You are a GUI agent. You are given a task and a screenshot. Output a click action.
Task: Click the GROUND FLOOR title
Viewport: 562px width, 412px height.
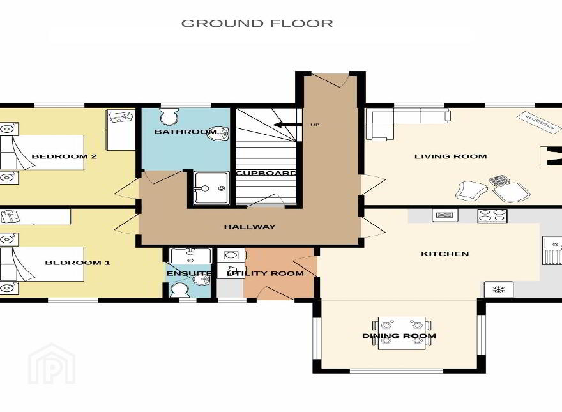(257, 23)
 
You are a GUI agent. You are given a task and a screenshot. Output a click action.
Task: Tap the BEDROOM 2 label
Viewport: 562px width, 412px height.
(64, 156)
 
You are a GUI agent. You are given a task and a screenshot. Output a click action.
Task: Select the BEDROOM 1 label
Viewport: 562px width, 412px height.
(77, 263)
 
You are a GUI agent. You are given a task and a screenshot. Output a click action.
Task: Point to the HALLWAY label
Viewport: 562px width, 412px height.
(250, 227)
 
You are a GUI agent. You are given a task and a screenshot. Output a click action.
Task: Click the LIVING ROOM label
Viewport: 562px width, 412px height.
(450, 156)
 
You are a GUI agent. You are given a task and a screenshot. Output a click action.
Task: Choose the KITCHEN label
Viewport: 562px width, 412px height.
(444, 254)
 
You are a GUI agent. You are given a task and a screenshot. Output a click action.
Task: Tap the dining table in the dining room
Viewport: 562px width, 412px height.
(402, 333)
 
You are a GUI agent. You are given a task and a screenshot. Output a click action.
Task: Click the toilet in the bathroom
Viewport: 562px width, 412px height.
(169, 116)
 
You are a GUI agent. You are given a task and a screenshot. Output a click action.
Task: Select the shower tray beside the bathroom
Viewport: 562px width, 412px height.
(211, 188)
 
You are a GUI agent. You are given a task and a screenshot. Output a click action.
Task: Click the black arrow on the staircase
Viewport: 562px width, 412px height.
(287, 125)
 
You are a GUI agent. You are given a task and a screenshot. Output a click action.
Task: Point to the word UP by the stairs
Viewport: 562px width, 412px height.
(315, 125)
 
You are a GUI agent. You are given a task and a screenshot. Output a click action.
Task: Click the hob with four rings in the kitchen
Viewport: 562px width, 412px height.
(492, 216)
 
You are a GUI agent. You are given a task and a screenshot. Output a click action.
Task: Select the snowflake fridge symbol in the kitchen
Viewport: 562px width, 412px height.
(499, 289)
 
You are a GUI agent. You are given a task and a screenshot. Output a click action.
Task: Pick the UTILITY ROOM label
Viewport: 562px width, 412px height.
(266, 273)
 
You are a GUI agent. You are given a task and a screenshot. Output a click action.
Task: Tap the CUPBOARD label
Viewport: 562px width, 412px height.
(266, 173)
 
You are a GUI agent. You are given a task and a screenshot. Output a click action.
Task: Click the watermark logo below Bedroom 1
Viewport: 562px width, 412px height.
(52, 363)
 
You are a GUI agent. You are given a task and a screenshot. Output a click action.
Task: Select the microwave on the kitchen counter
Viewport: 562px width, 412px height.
(444, 215)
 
